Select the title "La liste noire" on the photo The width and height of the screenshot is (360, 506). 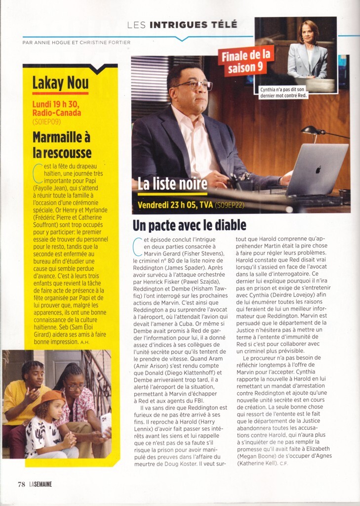click(172, 184)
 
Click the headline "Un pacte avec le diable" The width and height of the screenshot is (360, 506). click(189, 225)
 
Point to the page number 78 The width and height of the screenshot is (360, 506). click(21, 484)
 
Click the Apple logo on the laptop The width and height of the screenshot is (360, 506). click(318, 170)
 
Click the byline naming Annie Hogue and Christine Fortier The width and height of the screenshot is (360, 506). click(77, 42)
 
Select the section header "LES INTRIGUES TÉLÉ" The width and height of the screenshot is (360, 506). click(182, 25)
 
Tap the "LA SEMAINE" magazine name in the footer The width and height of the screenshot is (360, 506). click(40, 484)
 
